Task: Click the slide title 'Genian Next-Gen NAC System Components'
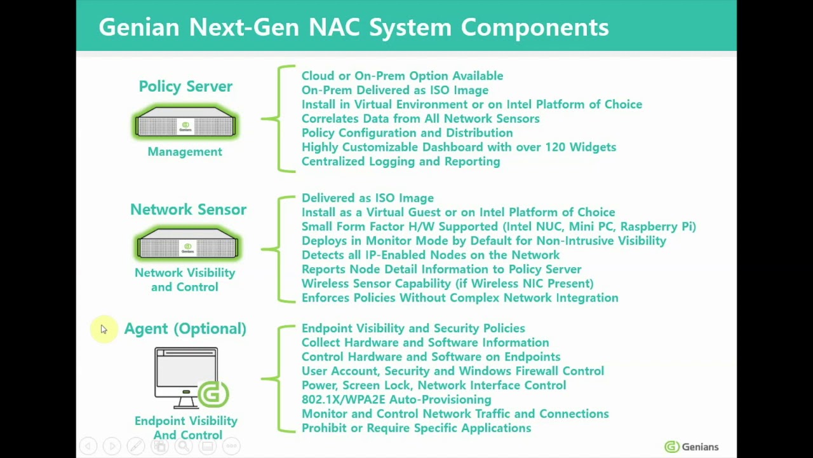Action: point(354,27)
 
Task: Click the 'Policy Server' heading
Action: point(185,87)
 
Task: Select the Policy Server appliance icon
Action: point(185,123)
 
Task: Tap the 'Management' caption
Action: point(185,151)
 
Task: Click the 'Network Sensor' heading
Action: point(188,209)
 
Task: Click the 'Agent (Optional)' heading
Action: point(185,328)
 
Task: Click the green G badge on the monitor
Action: point(213,394)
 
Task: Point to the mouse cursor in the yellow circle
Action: point(104,330)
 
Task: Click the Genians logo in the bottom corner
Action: point(691,447)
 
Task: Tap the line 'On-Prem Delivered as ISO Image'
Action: point(394,90)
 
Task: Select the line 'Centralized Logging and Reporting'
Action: point(401,162)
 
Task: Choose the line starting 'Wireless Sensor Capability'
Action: point(447,284)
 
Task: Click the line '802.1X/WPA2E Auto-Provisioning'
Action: point(396,399)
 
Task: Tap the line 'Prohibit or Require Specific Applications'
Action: point(416,428)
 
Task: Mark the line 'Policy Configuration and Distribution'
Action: point(406,133)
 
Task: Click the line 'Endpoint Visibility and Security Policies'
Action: point(413,328)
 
